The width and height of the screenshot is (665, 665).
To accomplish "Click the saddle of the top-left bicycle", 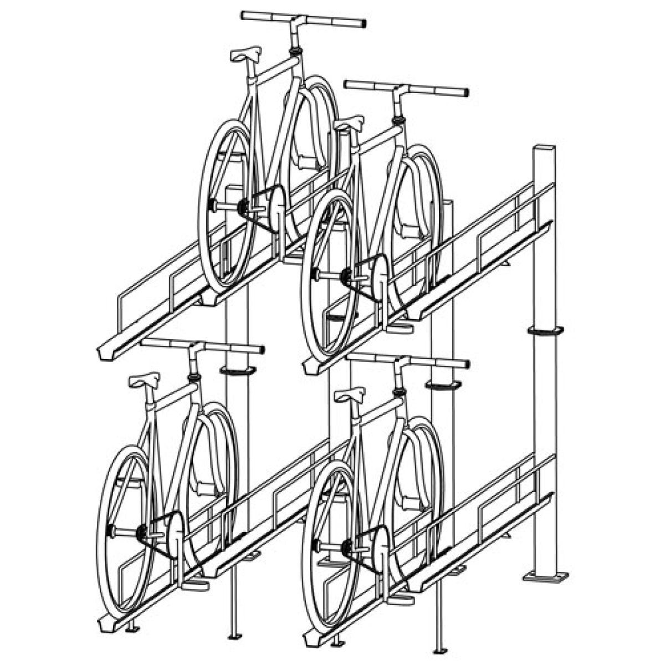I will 245,54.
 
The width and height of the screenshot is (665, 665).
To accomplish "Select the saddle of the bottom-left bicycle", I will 144,380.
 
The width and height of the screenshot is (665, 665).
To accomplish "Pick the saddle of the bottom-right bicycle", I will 350,394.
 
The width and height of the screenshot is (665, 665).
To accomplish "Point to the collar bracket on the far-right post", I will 545,331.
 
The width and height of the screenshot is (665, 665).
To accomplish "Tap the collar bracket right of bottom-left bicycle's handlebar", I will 237,370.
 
